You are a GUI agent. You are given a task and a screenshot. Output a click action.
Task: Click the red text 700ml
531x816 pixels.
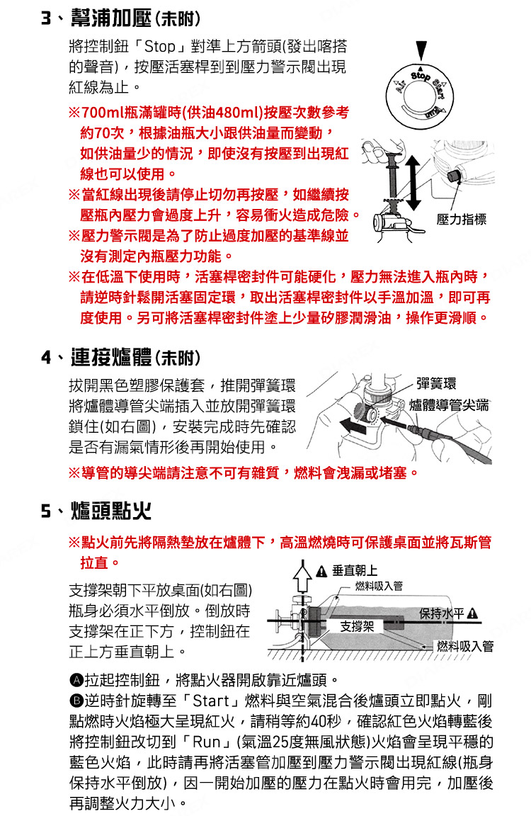pyautogui.click(x=103, y=113)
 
